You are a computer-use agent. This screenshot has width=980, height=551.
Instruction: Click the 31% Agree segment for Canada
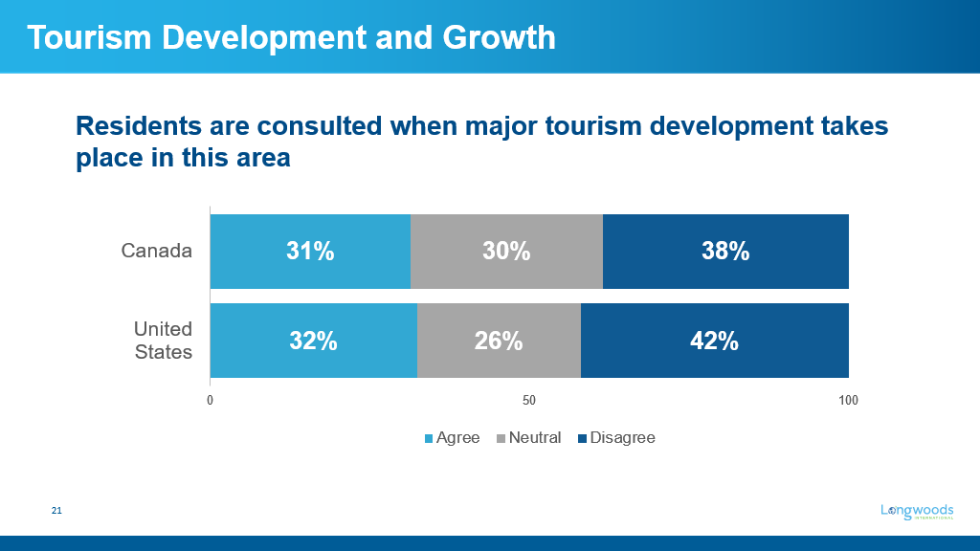point(310,252)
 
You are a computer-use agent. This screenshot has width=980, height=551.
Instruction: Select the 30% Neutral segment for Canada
point(506,252)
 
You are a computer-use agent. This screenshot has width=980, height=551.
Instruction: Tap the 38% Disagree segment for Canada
point(725,252)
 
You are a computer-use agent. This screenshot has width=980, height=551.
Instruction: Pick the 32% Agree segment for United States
point(313,341)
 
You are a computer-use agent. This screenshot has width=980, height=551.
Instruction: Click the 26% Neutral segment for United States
point(499,341)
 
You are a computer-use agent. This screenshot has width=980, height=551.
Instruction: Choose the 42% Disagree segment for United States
point(714,341)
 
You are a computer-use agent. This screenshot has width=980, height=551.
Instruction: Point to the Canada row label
point(157,252)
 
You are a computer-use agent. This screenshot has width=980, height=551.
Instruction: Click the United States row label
point(163,341)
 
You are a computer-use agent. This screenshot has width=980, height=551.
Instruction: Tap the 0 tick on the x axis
point(210,400)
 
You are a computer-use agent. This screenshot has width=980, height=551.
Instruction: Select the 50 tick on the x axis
point(528,400)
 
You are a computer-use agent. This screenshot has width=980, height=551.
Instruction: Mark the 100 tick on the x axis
point(848,400)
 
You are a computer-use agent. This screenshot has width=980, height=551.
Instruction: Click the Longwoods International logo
point(917,512)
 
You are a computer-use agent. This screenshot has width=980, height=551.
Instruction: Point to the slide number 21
point(56,512)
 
